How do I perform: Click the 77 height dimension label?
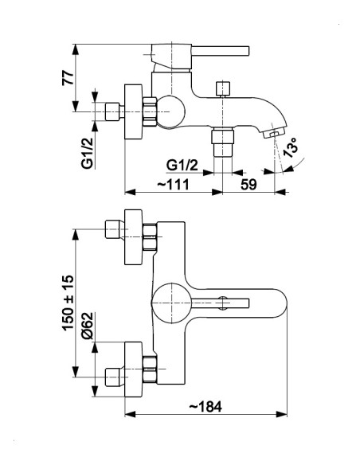68,78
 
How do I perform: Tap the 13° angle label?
291,147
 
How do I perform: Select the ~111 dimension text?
173,185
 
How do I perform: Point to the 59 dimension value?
248,185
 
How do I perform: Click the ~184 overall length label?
205,407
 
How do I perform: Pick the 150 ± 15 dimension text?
68,303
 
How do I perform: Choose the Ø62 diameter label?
88,326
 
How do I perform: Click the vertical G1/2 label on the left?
88,154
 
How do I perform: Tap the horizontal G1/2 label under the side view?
182,165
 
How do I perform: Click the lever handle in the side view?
220,51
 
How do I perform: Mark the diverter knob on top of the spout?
223,89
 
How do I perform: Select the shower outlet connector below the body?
222,142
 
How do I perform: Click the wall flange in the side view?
134,111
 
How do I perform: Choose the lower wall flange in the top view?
134,369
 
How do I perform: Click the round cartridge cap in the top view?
171,303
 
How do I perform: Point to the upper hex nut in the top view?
150,237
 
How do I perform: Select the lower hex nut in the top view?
150,369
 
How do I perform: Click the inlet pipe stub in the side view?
112,111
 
